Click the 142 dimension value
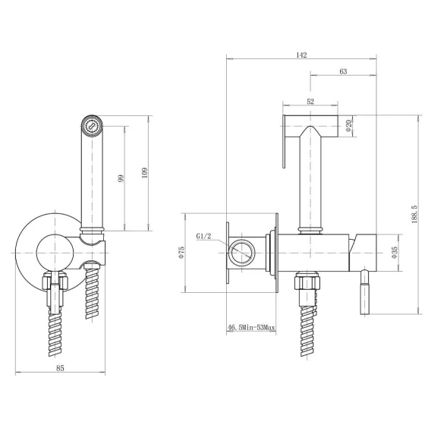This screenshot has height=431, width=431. (x=301, y=55)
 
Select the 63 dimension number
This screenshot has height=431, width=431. (x=343, y=71)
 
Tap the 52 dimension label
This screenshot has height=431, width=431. (x=310, y=102)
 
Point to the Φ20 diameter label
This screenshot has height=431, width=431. (x=349, y=126)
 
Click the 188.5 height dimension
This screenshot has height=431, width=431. (x=414, y=214)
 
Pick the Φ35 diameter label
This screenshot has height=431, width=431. (x=395, y=253)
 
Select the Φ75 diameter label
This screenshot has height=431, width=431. (x=181, y=253)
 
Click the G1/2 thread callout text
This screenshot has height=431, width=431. (x=203, y=236)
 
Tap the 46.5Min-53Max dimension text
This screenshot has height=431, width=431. (x=251, y=328)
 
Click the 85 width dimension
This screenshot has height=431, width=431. (x=60, y=368)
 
